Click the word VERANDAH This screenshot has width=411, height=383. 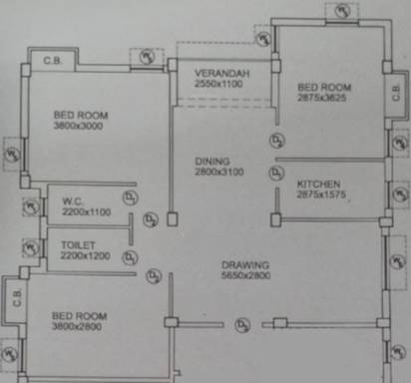coord(220,75)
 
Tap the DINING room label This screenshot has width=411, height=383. coord(212,161)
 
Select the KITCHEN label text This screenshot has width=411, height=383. coord(318,185)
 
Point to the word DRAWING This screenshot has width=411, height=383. coord(245,265)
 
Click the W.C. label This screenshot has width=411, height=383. coord(73,199)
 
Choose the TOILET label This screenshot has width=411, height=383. coord(77,243)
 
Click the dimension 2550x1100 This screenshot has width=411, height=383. coord(220,87)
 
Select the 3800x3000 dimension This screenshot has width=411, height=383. coord(81,128)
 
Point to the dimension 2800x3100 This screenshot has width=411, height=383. coord(212,173)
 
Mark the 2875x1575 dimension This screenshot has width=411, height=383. coord(319,196)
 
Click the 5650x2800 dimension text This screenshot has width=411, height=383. coord(245,277)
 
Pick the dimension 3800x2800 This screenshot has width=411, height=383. coord(80,326)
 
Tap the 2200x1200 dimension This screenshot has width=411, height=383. coord(85,255)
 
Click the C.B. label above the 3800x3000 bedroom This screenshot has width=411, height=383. coord(51,62)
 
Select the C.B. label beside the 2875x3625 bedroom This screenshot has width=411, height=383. coord(396,93)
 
